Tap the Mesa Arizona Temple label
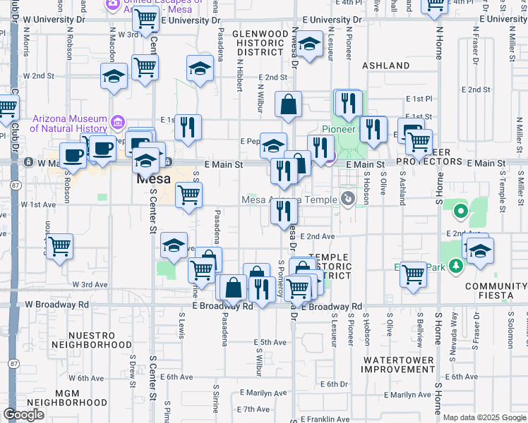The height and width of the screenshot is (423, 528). coord(289,200)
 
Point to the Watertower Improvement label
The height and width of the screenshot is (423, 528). coord(400,364)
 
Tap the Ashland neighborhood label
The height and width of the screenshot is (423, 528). coord(385,66)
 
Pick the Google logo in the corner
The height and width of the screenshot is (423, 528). coord(23,415)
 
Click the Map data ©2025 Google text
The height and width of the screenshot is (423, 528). coord(484,417)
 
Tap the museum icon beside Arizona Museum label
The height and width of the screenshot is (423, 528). coord(116,123)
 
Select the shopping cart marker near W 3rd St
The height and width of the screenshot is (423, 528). coord(145,20)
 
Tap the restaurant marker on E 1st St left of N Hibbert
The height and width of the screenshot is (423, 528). coord(188,127)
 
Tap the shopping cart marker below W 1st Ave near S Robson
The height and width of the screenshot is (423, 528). coord(60,247)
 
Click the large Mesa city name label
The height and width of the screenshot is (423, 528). coord(155,179)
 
